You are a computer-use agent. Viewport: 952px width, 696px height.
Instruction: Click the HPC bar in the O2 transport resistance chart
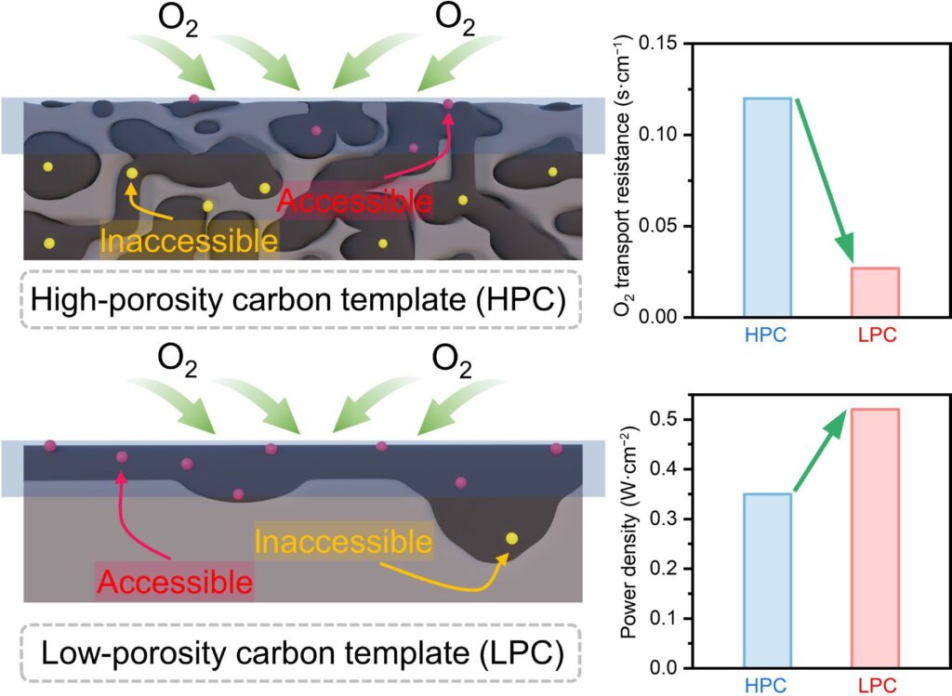point(767,207)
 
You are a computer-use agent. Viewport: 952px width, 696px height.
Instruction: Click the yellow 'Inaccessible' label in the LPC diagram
point(343,540)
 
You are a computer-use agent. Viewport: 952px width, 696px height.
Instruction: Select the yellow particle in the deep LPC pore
point(510,538)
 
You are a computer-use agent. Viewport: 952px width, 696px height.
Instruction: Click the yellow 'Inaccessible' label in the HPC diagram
point(189,241)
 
